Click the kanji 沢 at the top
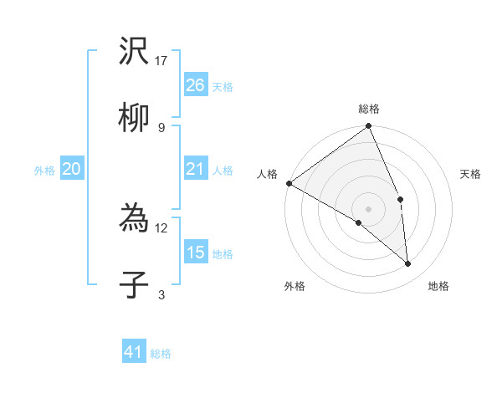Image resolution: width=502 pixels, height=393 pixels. coord(134,54)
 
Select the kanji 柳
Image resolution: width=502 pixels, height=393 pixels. coord(134,119)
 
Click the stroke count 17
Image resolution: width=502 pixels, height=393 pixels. coord(162,61)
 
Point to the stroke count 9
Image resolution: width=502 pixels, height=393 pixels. coord(161,127)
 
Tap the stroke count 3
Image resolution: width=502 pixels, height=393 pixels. coord(161,293)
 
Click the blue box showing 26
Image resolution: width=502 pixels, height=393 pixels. coord(195,84)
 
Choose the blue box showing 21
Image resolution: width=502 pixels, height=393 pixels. coord(195,170)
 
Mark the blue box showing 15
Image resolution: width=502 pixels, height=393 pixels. coord(195,252)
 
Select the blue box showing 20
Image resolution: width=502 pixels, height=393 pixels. coord(71,170)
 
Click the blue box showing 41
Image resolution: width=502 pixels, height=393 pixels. coord(134,352)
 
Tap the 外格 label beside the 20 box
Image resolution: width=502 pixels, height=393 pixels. coord(44,171)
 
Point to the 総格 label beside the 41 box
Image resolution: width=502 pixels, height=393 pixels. coord(161,354)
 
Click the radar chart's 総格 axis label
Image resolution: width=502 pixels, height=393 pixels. coord(369,109)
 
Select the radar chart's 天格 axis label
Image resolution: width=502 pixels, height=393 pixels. coord(471,174)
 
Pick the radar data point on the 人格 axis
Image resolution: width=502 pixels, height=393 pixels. coord(289,183)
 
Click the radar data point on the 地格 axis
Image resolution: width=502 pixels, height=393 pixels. coord(408,264)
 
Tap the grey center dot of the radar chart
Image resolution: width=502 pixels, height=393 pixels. coord(369,208)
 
